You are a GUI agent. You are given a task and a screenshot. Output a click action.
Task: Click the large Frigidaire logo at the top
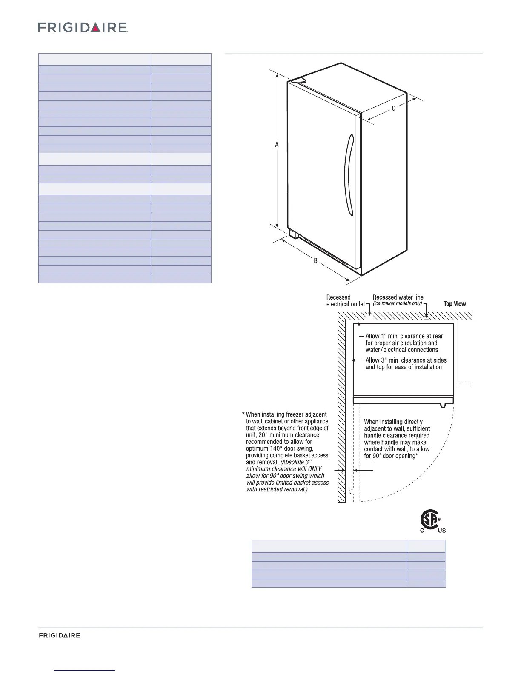click(x=83, y=28)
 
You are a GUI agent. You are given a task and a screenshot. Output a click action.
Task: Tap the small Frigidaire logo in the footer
click(x=60, y=636)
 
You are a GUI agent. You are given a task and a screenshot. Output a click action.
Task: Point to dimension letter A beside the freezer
click(x=277, y=145)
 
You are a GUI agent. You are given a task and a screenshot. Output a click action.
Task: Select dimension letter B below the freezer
click(x=316, y=260)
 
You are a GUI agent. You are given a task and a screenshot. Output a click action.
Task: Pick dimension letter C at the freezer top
click(x=394, y=109)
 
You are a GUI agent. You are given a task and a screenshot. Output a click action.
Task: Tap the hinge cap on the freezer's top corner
click(x=297, y=80)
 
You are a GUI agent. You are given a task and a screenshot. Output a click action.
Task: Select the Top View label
click(x=455, y=304)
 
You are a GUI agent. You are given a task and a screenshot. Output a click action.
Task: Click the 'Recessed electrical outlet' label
click(x=345, y=300)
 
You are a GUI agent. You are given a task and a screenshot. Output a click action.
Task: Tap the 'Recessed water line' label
click(x=398, y=297)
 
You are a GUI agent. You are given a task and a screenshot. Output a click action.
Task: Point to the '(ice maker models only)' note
click(x=397, y=304)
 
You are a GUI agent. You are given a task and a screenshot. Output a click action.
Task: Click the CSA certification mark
click(x=430, y=520)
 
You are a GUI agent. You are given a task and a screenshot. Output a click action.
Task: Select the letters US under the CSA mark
click(x=441, y=531)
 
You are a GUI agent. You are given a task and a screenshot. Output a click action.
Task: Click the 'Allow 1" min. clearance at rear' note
click(x=404, y=343)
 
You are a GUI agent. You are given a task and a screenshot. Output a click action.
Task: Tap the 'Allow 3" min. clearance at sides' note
click(x=406, y=364)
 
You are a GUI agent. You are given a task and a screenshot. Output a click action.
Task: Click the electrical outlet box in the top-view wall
click(x=369, y=316)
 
